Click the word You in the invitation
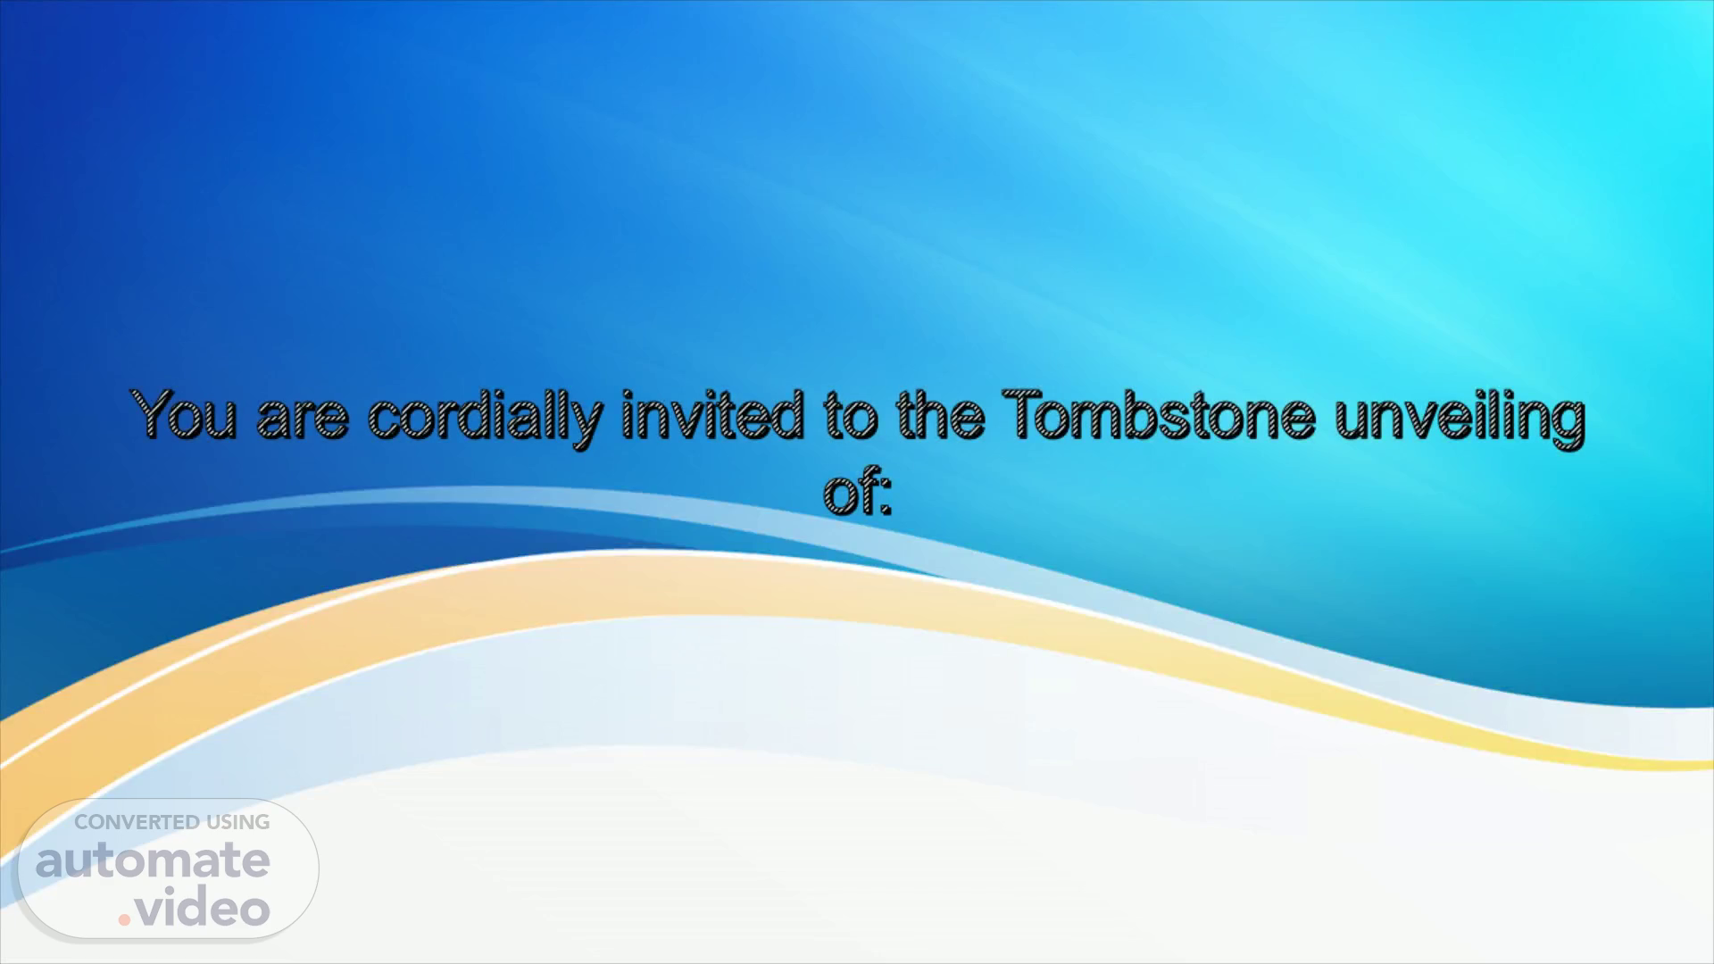coord(185,415)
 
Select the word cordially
coord(484,420)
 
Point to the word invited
coord(711,415)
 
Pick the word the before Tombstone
coord(940,415)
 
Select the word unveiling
coord(1460,420)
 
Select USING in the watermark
coord(237,822)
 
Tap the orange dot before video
coord(126,919)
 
